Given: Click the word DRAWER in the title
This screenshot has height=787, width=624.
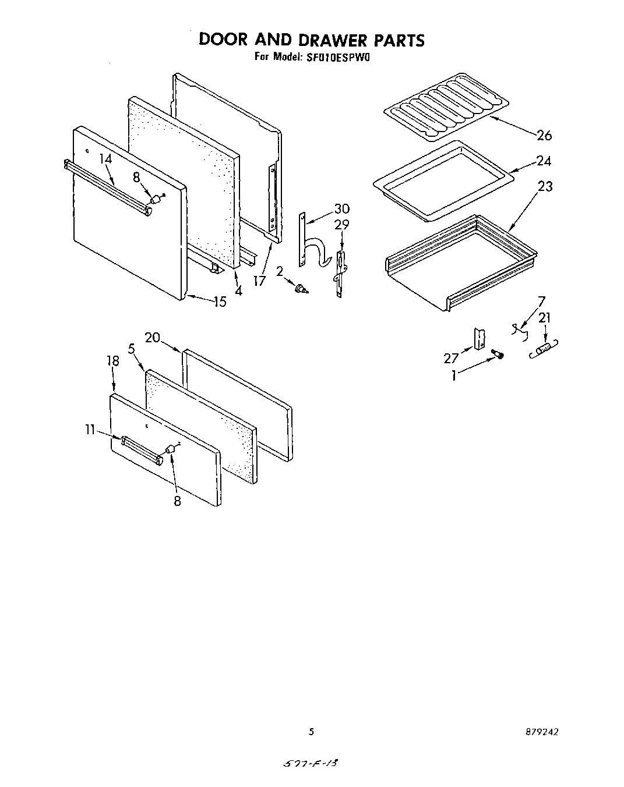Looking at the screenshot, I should click(x=332, y=40).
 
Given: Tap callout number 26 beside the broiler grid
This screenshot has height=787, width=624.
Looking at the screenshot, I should click(x=544, y=135).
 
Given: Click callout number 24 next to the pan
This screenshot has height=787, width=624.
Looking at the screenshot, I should click(x=544, y=161).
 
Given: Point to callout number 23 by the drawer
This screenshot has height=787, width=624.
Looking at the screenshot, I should click(x=545, y=186).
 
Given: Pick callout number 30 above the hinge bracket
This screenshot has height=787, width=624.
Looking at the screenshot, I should click(x=342, y=209).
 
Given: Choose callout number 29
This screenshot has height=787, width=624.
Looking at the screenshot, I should click(x=342, y=224).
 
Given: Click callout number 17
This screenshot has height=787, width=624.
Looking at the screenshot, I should click(x=259, y=281).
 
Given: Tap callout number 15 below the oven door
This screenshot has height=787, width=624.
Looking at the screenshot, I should click(x=220, y=302).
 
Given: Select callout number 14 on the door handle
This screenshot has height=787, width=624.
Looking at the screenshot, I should click(x=105, y=158).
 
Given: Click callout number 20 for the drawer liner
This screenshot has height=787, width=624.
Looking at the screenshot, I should click(x=152, y=337).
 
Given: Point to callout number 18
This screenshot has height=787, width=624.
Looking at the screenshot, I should click(x=113, y=361).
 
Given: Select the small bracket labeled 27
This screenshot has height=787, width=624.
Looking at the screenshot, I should click(x=479, y=338).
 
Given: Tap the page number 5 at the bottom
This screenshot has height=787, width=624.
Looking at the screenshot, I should click(x=312, y=732).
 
